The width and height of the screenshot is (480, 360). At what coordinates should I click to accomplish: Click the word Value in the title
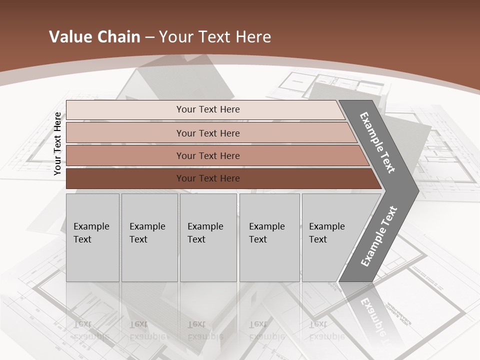[69, 37]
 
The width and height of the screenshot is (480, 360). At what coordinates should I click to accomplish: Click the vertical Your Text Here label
[57, 143]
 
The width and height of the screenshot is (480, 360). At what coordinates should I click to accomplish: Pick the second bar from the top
[208, 133]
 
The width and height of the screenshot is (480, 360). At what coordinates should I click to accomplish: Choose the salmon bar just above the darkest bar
[208, 155]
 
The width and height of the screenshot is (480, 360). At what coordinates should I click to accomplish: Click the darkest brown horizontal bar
[208, 178]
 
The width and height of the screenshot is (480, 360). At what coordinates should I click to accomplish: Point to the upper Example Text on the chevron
[377, 142]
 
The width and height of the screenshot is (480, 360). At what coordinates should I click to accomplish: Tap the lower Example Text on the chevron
[378, 236]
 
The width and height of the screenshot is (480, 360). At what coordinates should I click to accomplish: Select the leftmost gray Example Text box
[92, 237]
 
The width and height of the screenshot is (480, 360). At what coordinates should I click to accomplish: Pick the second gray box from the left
[149, 237]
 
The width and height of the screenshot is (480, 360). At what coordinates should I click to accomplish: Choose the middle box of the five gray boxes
[208, 237]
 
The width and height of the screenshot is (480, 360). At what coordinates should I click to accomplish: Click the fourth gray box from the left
[269, 237]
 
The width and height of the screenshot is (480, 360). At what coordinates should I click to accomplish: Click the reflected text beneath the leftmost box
[91, 330]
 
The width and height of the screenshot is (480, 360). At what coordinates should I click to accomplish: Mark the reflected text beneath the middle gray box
[205, 330]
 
